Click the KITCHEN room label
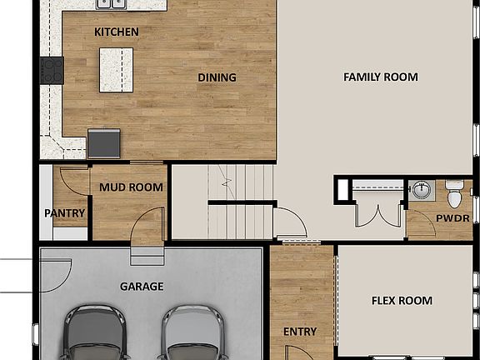coord(116,32)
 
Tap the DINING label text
coord(217,77)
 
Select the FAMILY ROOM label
coord(380,77)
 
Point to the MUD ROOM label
coord(131,187)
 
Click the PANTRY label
coord(64,212)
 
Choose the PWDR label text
coord(452,218)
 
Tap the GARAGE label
coord(141,287)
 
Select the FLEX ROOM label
coord(401,301)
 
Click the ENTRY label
coord(299,332)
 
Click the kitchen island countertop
coord(116,69)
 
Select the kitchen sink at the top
coord(111,3)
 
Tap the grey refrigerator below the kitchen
coord(102,142)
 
